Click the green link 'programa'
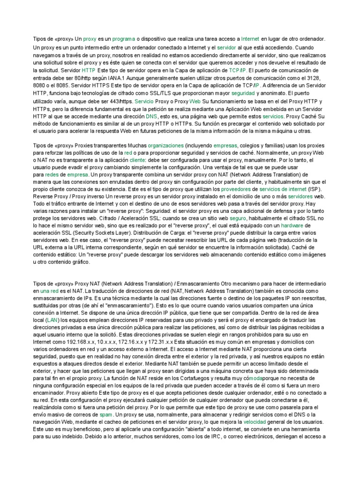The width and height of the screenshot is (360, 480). (124, 39)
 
